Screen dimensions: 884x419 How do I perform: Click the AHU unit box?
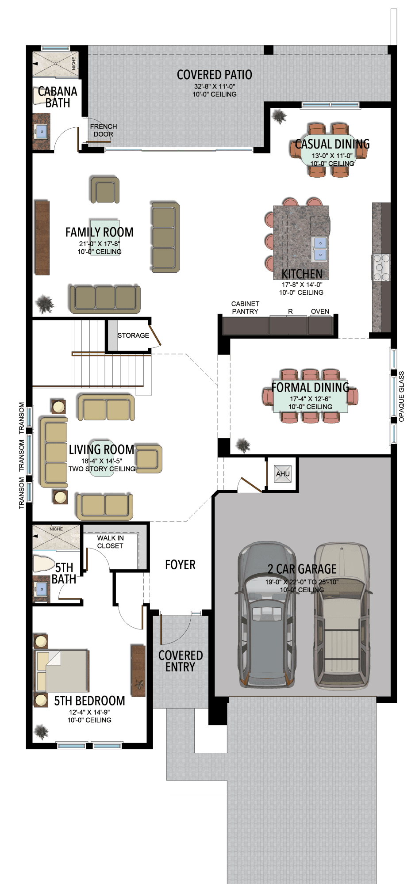283,474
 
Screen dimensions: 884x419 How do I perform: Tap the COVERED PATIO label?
214,75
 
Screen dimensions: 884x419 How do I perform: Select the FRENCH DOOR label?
104,130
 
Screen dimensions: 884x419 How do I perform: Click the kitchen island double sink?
320,248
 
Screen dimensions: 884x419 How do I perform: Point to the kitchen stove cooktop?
381,267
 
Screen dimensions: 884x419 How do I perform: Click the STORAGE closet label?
133,335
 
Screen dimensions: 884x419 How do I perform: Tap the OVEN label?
320,312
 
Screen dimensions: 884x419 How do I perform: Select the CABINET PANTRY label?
245,308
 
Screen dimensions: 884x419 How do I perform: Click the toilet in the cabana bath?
39,96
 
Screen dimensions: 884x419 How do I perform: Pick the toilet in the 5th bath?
43,564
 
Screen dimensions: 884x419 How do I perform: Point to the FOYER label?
180,565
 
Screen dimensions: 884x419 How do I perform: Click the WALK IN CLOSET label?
110,542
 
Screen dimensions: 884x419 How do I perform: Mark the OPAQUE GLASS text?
401,396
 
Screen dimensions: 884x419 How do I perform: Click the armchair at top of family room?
105,190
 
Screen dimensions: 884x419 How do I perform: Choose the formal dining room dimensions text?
310,399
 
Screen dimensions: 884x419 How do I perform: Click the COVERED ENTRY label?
181,661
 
